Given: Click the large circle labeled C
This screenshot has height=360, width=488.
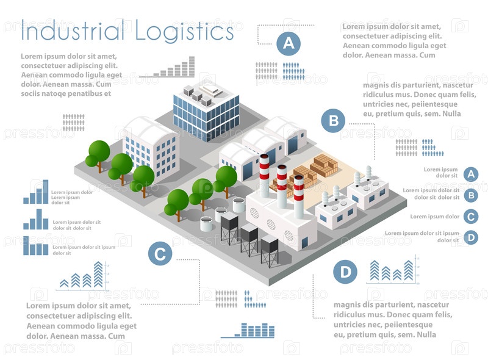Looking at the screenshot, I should (x=160, y=253).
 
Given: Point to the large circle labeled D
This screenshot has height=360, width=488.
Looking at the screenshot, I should (x=346, y=272).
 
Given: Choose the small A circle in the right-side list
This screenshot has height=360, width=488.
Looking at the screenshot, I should (x=470, y=174).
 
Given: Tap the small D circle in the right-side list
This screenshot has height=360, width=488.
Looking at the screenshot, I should (x=470, y=237).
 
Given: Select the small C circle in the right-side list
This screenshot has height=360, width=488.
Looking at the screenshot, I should (x=470, y=216).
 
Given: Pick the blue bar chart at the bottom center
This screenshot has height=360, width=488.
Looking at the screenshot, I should (x=248, y=330).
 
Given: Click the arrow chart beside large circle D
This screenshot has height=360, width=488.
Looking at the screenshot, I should (x=393, y=270).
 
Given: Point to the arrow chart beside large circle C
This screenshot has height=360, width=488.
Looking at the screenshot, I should (x=84, y=276).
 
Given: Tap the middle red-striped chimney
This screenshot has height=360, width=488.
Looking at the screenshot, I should (x=282, y=183).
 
